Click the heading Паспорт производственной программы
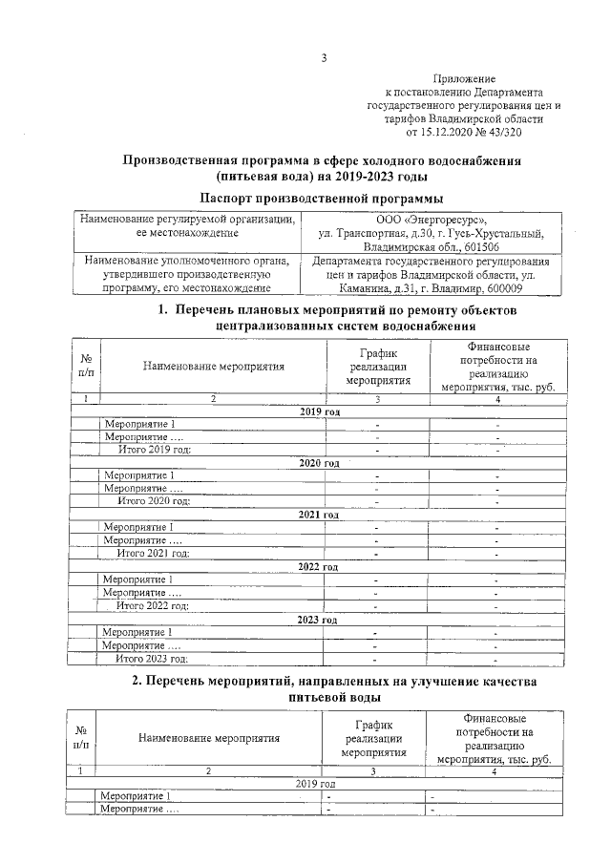(322, 198)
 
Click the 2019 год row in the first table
(320, 411)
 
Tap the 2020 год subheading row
(320, 463)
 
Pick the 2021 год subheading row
(320, 516)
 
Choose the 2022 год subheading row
(320, 567)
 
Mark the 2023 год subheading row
(320, 619)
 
